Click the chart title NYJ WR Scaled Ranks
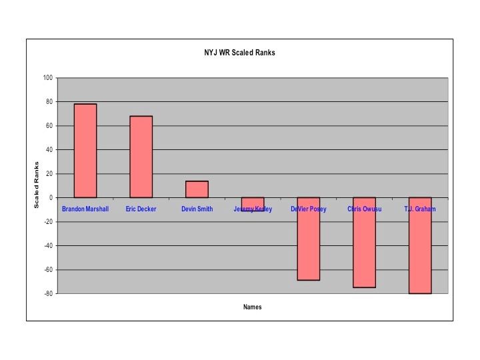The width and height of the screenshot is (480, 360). point(239,53)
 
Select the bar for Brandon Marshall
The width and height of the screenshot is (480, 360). point(85,151)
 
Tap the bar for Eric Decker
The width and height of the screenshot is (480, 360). point(141,157)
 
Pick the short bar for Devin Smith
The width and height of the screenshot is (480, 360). point(197,189)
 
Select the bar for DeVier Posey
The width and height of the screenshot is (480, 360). point(309,239)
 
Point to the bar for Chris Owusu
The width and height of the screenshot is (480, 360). point(365,243)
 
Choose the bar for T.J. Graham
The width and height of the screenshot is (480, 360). point(420,245)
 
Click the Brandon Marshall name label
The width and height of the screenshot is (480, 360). point(85,209)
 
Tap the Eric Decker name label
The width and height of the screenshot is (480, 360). point(141,209)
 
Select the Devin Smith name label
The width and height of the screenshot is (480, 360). point(197,209)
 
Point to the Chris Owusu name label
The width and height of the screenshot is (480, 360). point(365,209)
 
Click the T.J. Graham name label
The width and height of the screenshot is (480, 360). point(420,209)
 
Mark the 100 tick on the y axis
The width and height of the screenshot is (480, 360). point(48,78)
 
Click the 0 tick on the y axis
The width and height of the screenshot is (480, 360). point(51,198)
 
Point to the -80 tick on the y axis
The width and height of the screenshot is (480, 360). point(47,294)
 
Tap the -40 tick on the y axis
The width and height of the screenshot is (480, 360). point(47,246)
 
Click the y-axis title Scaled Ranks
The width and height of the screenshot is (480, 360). point(37,185)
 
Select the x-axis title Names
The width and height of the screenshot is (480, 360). point(253,307)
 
